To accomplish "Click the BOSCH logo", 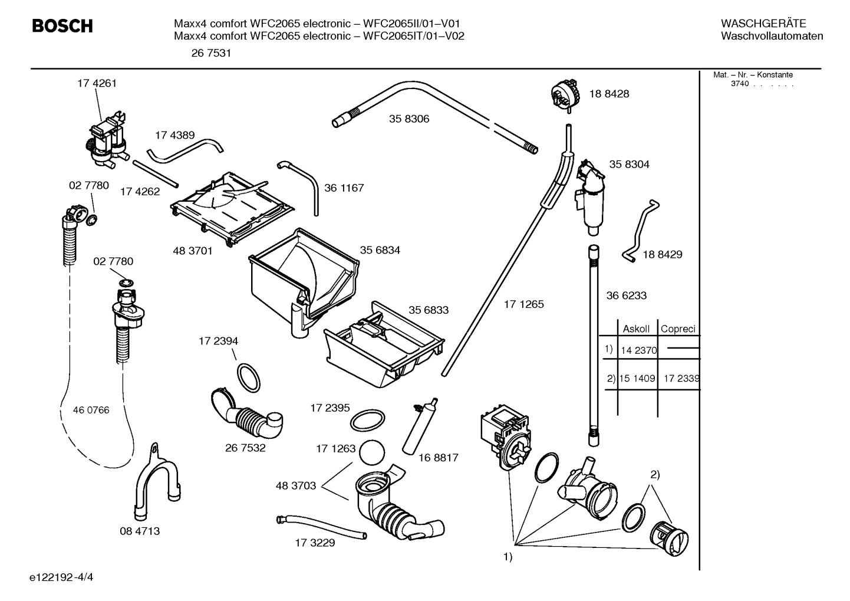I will pos(62,26).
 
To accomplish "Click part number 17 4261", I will pos(97,83).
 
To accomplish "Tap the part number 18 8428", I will pos(609,94).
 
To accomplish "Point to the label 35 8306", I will pos(409,119).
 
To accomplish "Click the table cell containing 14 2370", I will pos(638,350).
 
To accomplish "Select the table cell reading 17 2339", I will pos(681,378).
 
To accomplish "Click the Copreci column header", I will pos(678,329).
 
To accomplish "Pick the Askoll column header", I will pos(636,329).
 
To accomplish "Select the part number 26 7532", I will pos(245,448).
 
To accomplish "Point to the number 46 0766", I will pos(91,410).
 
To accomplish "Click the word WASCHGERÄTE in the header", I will pos(763,24).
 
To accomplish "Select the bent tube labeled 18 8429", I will pos(640,231).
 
